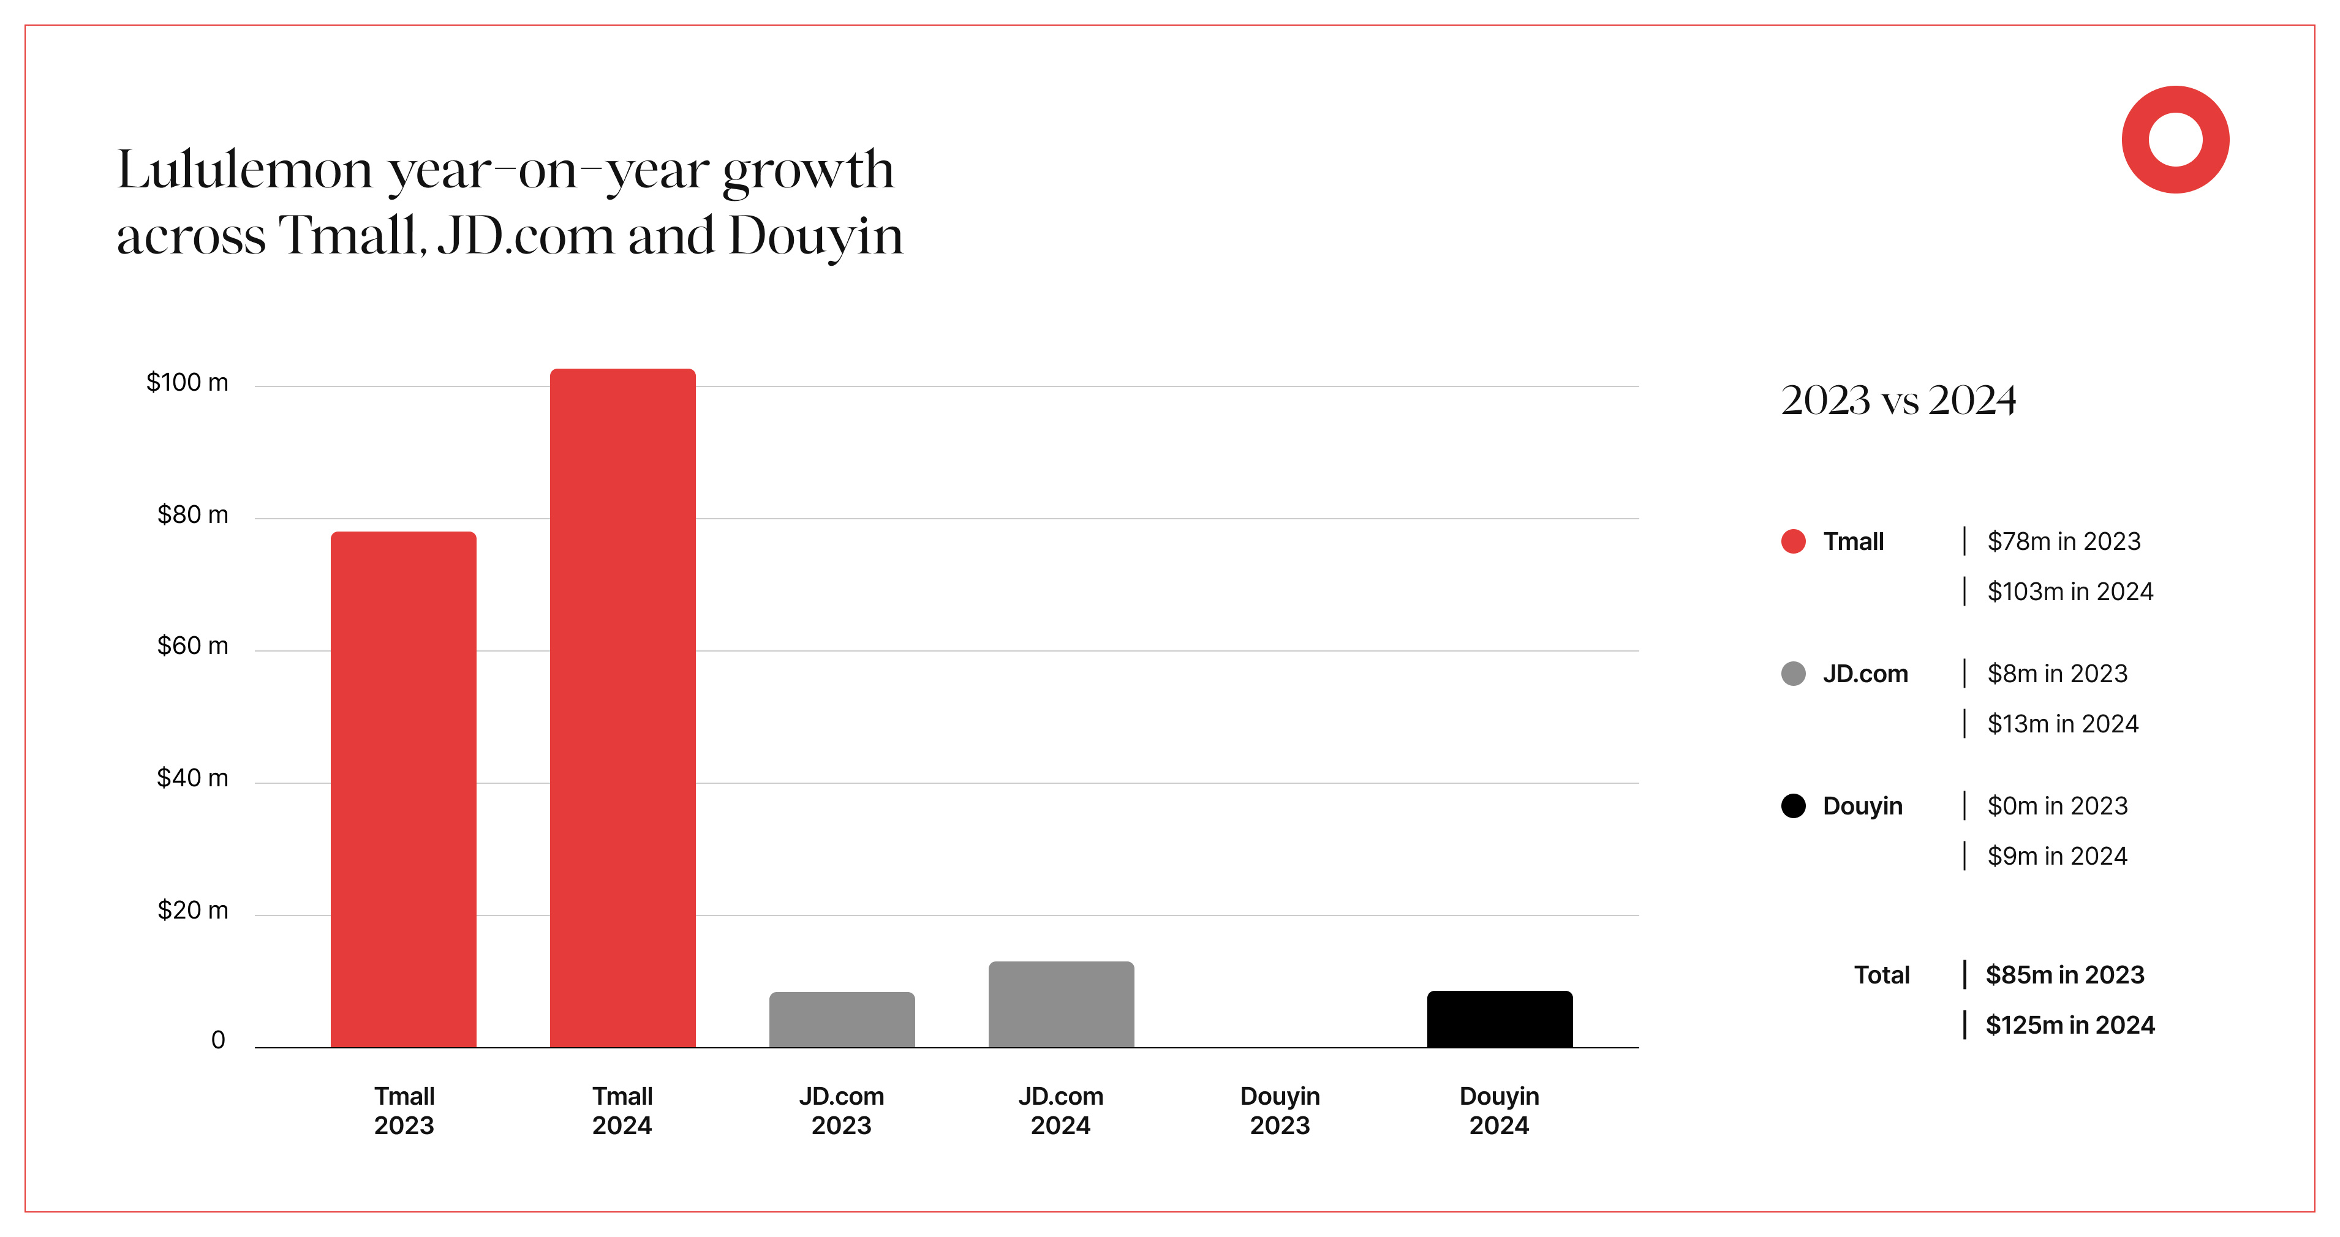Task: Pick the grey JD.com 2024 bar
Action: point(1061,1004)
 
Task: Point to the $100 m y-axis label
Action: point(187,382)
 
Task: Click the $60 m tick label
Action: point(192,645)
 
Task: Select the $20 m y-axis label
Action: point(192,910)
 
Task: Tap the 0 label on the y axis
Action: point(218,1040)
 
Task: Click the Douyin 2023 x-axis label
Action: point(1280,1110)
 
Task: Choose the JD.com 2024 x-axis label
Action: point(1060,1110)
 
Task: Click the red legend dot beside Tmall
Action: point(1793,541)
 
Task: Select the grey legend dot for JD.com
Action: point(1793,674)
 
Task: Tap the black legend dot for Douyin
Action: point(1793,806)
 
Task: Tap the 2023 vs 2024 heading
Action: point(1898,400)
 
